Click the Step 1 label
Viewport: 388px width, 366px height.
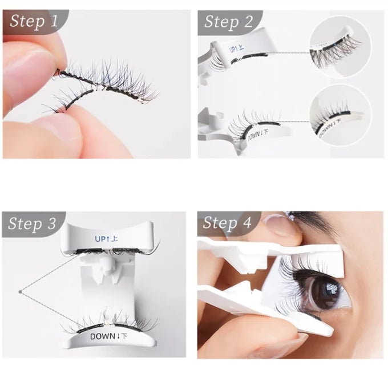(34, 22)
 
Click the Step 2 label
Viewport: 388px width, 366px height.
(228, 22)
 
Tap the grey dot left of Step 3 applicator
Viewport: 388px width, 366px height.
(20, 292)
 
